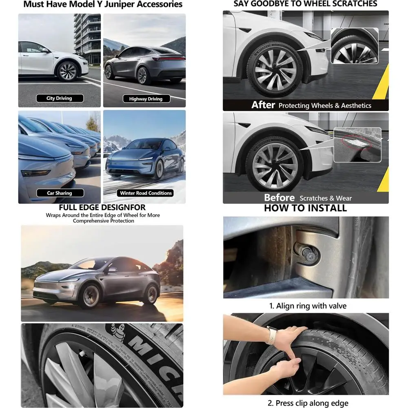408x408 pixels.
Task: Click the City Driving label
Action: (x=59, y=98)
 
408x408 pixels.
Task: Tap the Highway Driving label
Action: (x=145, y=99)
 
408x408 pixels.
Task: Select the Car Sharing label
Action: (x=59, y=193)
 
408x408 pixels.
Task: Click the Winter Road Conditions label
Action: (x=146, y=193)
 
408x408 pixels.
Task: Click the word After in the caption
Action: (x=263, y=105)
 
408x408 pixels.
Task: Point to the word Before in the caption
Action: (x=279, y=198)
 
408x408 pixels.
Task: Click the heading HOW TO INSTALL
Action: (x=305, y=208)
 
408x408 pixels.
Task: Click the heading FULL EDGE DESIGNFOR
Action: (x=102, y=208)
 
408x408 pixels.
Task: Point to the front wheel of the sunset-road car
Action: (x=91, y=296)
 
